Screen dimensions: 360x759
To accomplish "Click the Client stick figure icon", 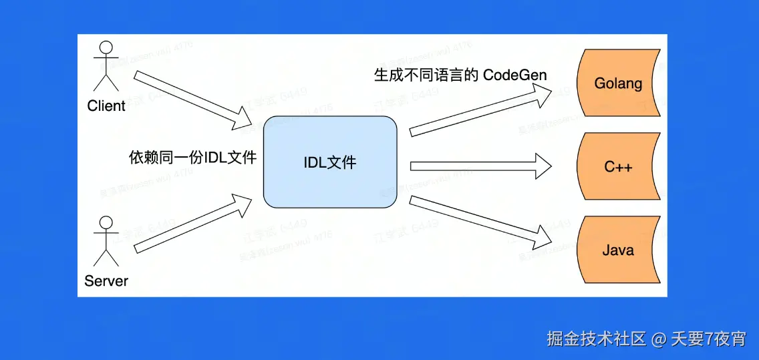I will (106, 66).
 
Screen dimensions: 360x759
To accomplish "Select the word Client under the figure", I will (106, 106).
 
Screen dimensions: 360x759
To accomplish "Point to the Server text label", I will (106, 281).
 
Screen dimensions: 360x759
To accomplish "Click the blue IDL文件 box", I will (331, 162).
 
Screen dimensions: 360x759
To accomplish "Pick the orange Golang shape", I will (618, 83).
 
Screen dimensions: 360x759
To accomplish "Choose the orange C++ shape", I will (618, 166).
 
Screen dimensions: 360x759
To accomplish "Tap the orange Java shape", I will (618, 250).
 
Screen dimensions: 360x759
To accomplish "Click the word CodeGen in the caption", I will (514, 75).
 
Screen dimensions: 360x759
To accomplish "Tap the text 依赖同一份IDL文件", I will (193, 158).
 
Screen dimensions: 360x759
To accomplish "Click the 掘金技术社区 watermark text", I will (597, 339).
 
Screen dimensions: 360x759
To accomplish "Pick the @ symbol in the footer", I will (659, 339).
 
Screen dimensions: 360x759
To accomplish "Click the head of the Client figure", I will (106, 49).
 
